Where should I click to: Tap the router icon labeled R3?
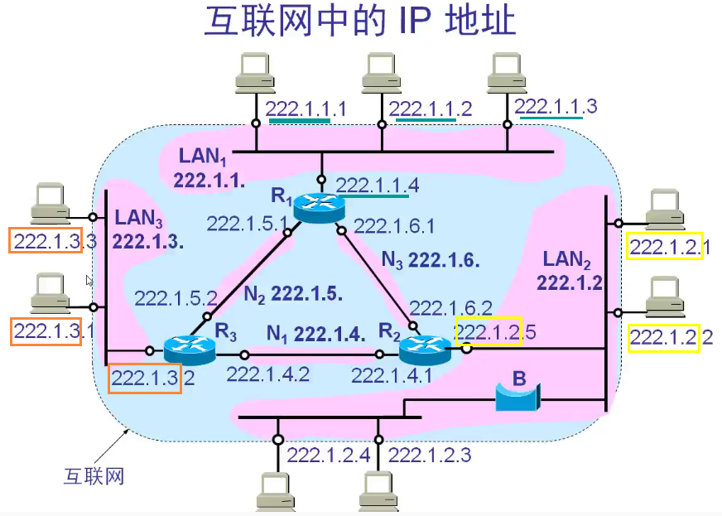189,349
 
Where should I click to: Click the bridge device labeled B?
517,396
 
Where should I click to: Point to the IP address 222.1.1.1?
306,108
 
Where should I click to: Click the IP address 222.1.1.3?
556,106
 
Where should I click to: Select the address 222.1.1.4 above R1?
377,185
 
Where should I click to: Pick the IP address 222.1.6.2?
452,308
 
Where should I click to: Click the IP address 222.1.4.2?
267,374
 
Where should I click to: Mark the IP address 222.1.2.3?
430,454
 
